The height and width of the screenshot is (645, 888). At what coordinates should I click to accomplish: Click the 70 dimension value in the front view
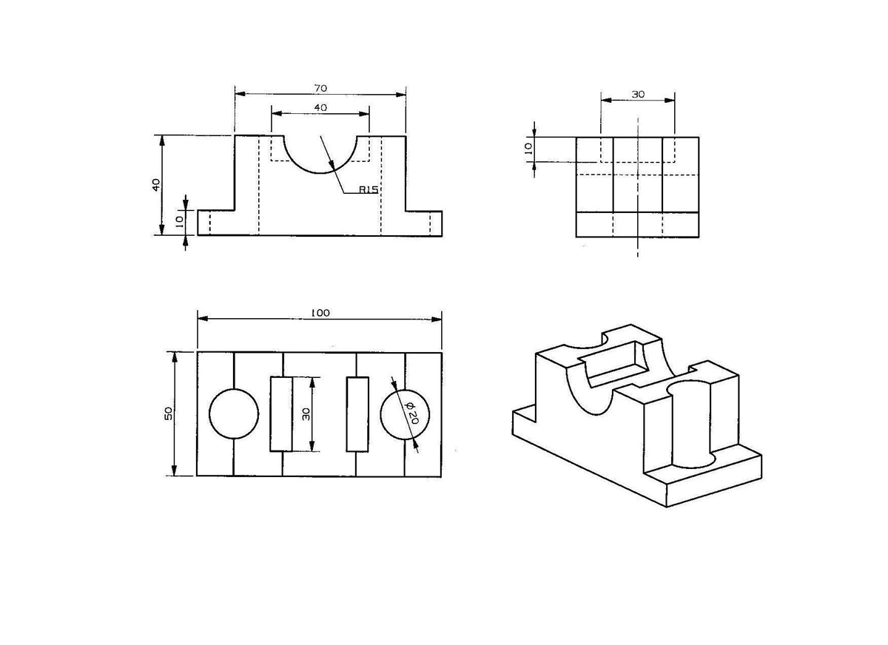click(320, 88)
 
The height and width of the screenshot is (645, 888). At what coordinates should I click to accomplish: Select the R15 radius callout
click(369, 190)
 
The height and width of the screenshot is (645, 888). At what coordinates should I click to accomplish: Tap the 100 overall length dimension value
click(320, 313)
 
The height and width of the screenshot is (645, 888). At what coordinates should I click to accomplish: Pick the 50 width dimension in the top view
click(169, 413)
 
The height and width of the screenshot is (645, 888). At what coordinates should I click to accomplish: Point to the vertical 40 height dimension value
click(156, 185)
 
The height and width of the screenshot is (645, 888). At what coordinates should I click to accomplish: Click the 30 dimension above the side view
click(638, 94)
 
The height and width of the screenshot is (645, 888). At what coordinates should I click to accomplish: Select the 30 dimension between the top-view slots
click(306, 414)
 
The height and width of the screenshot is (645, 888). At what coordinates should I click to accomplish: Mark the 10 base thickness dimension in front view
click(180, 221)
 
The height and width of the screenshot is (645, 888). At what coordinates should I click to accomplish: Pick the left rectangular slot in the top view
click(281, 414)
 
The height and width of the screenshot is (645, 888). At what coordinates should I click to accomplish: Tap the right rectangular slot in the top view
click(357, 414)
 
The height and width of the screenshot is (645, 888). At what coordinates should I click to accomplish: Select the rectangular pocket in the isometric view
click(613, 365)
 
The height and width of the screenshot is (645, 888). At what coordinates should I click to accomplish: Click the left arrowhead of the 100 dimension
click(203, 319)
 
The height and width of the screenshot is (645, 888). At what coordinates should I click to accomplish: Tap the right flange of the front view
click(424, 223)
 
